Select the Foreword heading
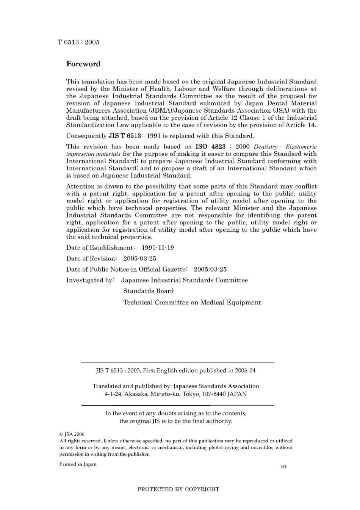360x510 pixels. click(x=83, y=64)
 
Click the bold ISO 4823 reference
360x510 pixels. click(x=210, y=146)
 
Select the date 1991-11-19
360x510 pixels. click(x=158, y=248)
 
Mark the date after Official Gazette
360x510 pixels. click(x=210, y=270)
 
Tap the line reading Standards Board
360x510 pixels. click(x=148, y=291)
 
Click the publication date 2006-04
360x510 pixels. click(x=245, y=370)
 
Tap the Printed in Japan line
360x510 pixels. click(x=78, y=464)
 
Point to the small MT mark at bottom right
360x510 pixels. click(x=283, y=467)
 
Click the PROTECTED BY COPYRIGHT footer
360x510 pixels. click(x=178, y=490)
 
